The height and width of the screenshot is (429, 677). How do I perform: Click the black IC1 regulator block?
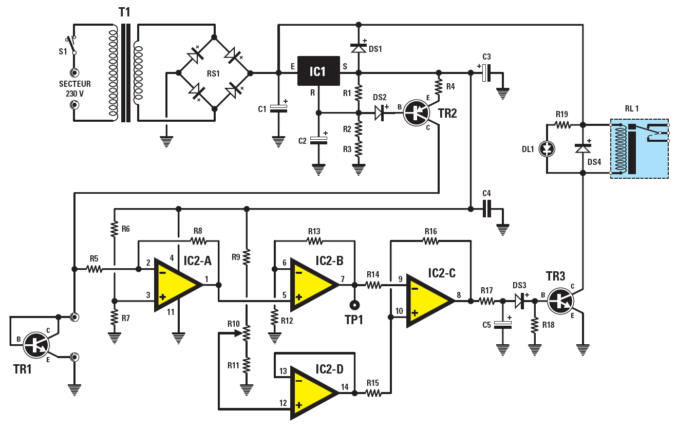(x=318, y=71)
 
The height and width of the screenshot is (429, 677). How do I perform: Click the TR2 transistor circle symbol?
(x=416, y=113)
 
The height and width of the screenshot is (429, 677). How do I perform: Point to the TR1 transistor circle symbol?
(x=37, y=345)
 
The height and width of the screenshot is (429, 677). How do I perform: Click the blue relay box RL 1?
(x=640, y=148)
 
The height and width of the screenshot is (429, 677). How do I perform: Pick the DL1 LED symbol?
(x=548, y=148)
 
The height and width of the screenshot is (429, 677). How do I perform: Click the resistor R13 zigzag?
(x=314, y=240)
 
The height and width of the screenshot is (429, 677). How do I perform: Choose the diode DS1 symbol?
(x=359, y=47)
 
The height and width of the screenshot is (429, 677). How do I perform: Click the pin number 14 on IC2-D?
(x=344, y=387)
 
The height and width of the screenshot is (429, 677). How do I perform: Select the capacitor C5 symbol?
(x=502, y=324)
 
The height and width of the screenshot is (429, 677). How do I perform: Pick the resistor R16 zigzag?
(x=430, y=240)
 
